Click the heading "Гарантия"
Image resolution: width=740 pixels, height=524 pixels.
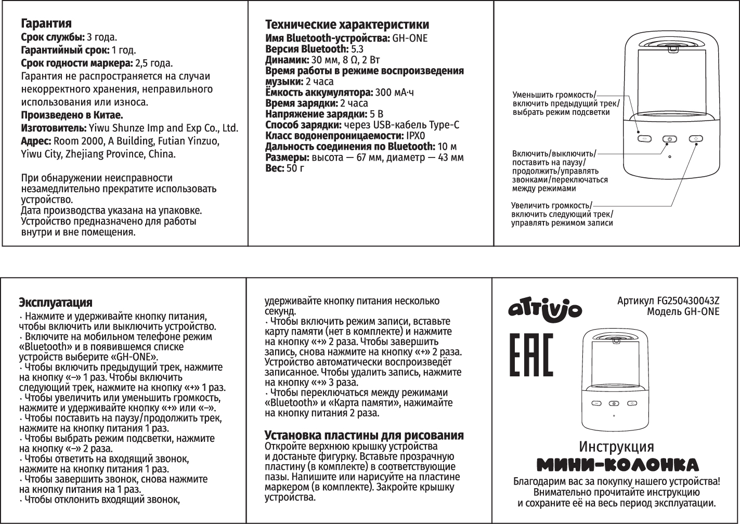click(x=46, y=24)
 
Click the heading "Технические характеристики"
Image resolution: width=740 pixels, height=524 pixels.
click(x=347, y=24)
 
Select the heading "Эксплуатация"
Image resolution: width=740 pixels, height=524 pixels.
click(x=55, y=303)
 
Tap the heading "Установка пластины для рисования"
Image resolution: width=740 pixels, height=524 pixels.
click(x=363, y=435)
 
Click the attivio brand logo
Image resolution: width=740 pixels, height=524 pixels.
click(x=544, y=309)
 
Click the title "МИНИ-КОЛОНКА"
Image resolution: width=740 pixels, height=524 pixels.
click(x=617, y=464)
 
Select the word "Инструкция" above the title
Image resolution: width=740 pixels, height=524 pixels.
click(x=616, y=447)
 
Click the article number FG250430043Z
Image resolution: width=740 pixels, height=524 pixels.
click(x=688, y=301)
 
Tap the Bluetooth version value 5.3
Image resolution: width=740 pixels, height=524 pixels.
click(x=357, y=49)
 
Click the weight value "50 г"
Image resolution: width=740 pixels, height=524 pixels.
click(x=295, y=168)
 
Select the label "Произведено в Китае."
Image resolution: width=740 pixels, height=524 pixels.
click(x=72, y=115)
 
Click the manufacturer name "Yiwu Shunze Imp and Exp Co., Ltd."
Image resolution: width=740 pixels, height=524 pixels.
click(x=163, y=128)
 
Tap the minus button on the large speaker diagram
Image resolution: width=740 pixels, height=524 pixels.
click(x=644, y=139)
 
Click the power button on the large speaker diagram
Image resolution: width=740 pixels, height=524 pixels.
click(x=670, y=139)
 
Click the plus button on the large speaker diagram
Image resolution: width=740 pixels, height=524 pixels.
click(x=696, y=139)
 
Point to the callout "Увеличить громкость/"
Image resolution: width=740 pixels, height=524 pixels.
click(x=551, y=205)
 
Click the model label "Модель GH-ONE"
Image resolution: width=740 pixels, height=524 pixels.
click(x=683, y=311)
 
